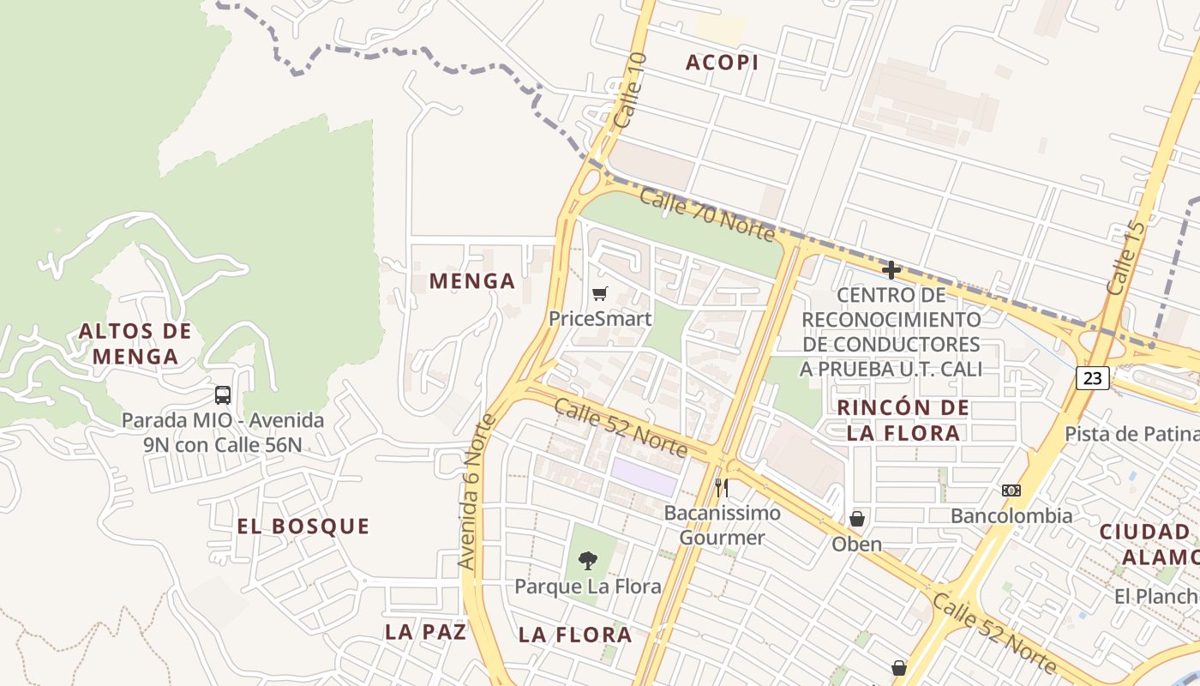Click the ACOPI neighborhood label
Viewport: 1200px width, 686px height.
click(x=723, y=63)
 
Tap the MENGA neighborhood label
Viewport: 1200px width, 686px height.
click(x=472, y=281)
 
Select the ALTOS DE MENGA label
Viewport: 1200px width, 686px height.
click(x=135, y=343)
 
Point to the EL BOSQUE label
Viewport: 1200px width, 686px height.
click(x=303, y=527)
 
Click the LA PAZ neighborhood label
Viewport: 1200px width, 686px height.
click(x=425, y=632)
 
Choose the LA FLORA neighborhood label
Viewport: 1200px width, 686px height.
click(x=575, y=635)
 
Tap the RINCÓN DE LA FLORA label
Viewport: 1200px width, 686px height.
click(x=903, y=420)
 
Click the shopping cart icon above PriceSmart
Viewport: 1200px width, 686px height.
click(x=599, y=294)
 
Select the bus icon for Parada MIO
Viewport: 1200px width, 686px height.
click(x=223, y=395)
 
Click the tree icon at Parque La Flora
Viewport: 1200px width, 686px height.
click(x=587, y=562)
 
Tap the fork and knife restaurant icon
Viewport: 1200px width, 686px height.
click(x=722, y=488)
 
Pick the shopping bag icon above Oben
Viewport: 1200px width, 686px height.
click(x=856, y=520)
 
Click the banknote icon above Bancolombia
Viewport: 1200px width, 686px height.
click(x=1011, y=490)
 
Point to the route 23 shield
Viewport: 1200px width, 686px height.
click(x=1093, y=377)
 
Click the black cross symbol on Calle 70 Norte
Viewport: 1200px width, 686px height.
click(x=891, y=271)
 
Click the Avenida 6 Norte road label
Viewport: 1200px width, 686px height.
click(x=477, y=492)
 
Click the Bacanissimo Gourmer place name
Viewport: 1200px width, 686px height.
click(x=722, y=526)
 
